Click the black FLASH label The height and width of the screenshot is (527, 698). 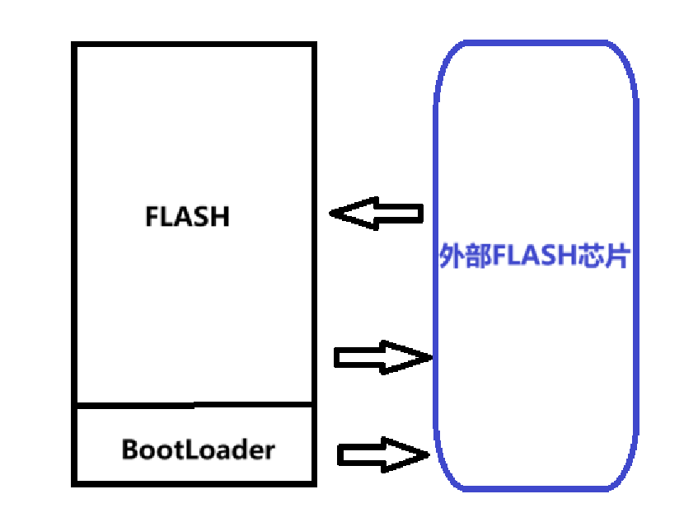click(187, 216)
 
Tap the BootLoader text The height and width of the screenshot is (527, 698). click(198, 450)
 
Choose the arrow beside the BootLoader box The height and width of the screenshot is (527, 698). click(384, 454)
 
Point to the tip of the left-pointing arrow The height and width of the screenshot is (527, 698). click(331, 214)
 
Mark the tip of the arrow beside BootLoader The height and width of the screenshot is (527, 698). click(430, 454)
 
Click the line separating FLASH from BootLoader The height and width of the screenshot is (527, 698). click(194, 405)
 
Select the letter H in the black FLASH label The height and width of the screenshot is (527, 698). click(220, 216)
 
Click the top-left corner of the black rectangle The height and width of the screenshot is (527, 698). click(75, 45)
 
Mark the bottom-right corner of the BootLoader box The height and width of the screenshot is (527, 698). click(313, 482)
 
